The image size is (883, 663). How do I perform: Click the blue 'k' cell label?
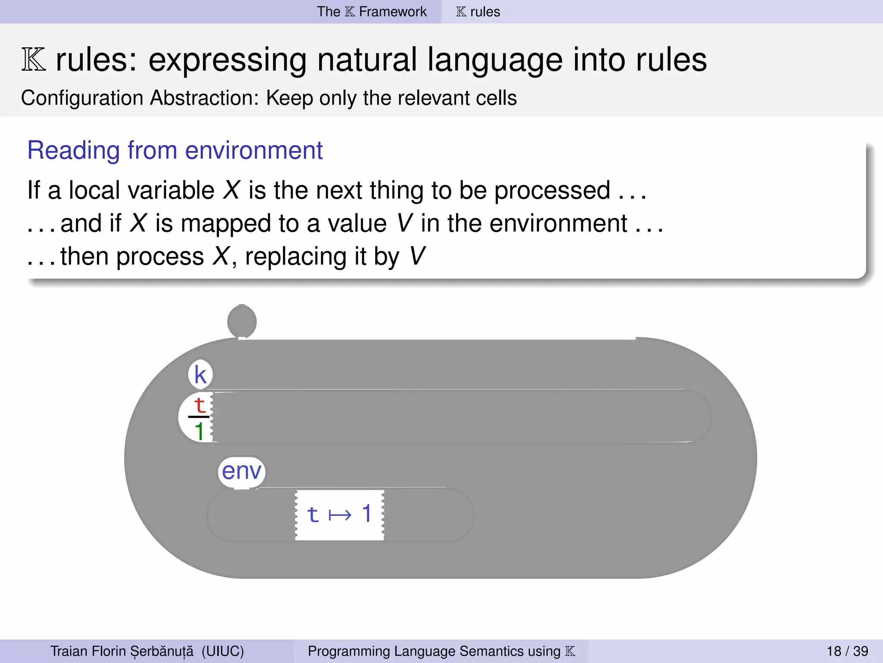coord(200,374)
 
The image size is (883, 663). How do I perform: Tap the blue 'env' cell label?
coord(241,471)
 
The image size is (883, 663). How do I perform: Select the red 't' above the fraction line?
coord(199,405)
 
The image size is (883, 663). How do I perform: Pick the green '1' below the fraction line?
coord(199,431)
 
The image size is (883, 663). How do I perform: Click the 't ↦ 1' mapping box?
coord(339,515)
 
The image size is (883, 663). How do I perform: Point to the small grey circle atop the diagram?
coord(242,322)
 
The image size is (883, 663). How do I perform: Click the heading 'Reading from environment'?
coord(175,150)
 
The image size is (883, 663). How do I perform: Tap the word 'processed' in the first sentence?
coord(552,190)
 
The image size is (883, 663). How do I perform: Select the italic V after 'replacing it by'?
coord(417,256)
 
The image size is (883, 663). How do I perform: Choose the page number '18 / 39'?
coord(847,651)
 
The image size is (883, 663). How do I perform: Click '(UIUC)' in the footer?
coord(222,651)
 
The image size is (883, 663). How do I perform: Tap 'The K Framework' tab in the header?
coord(372,12)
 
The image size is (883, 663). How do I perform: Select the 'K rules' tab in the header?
coord(478,12)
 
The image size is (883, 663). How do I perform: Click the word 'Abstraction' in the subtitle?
coord(204,98)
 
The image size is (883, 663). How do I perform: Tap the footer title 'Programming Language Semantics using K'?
coord(441,651)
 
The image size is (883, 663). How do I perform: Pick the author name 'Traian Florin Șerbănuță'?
coord(122,651)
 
